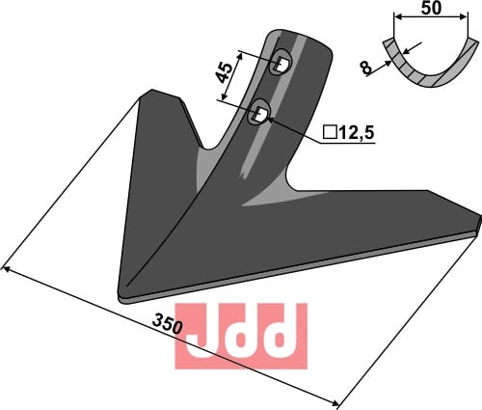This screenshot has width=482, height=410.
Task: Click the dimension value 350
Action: coord(168,324)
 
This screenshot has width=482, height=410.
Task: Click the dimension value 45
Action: coord(225,73)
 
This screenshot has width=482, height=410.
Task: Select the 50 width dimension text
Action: coord(431,8)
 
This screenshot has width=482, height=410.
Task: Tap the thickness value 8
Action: coord(366,68)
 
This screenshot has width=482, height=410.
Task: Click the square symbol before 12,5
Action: coord(330,132)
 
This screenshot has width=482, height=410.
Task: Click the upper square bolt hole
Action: coord(281,64)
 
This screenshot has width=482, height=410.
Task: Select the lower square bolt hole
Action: coord(260,114)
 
